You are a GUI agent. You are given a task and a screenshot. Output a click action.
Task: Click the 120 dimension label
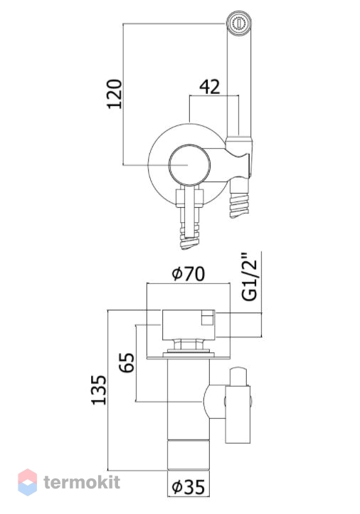(115, 94)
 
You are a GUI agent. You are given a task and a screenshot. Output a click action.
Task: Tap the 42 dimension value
(210, 87)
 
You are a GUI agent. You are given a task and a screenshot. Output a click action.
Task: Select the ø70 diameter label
(189, 273)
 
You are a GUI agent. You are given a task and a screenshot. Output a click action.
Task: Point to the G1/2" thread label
(250, 276)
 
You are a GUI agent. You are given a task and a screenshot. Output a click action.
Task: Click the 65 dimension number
(127, 362)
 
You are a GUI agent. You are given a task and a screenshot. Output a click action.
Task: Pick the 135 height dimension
(99, 389)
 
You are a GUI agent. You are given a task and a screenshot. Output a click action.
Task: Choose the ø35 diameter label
(189, 486)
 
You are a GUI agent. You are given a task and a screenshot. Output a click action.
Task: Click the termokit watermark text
(82, 482)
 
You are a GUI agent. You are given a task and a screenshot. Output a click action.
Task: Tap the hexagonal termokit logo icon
(28, 482)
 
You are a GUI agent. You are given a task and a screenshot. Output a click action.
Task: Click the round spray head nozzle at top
(240, 23)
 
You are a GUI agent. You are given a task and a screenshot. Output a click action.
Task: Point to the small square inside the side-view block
(207, 318)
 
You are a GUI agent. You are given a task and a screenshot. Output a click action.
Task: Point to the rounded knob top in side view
(238, 377)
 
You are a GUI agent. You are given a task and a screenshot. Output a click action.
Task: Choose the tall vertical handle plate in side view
(238, 414)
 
